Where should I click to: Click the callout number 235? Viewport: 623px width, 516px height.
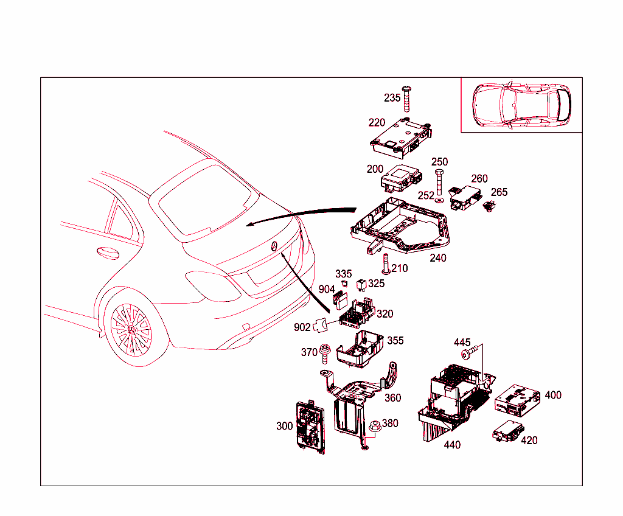392,98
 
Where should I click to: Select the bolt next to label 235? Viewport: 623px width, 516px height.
407,98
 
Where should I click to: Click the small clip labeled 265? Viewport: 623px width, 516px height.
488,207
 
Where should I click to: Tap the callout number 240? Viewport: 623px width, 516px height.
438,257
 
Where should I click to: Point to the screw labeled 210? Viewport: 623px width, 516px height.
385,263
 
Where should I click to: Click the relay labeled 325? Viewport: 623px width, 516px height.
363,283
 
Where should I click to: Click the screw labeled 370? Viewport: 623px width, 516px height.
325,352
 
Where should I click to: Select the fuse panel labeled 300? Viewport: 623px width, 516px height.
310,427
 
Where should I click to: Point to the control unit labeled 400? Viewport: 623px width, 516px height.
517,399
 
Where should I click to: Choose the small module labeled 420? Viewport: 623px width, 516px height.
506,432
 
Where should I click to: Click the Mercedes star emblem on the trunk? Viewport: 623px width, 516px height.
274,246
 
